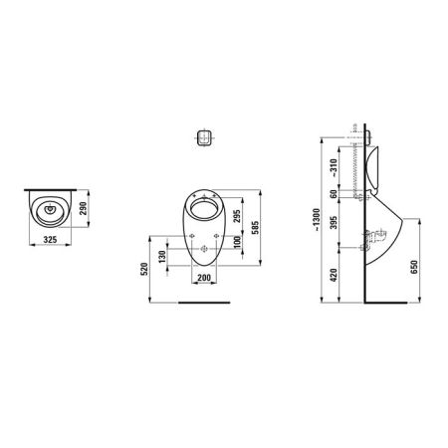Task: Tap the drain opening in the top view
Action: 46,210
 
